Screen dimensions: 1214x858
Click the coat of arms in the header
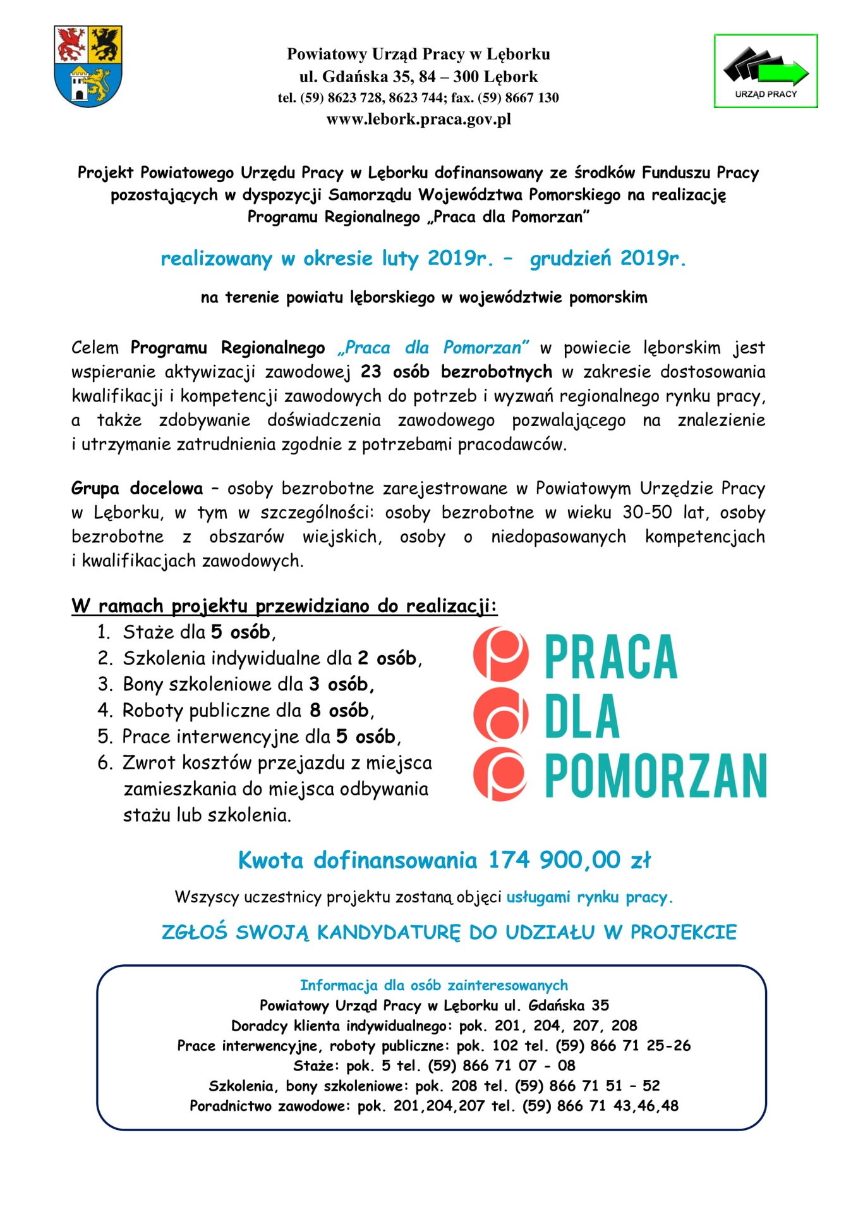coord(88,66)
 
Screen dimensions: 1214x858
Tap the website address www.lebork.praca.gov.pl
coord(418,120)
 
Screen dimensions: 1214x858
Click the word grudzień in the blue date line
coord(571,259)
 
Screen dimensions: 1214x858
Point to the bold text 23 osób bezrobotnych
coord(456,372)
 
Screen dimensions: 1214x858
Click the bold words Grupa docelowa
coord(136,488)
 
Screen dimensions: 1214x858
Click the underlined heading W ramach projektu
coord(284,606)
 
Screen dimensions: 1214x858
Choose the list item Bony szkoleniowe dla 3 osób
coord(248,684)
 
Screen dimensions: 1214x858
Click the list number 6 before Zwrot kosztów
coord(105,763)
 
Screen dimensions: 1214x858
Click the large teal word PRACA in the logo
coord(610,657)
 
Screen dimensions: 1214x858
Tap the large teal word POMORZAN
coord(655,775)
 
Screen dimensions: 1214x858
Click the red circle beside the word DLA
coord(500,715)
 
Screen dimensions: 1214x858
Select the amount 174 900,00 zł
coord(569,860)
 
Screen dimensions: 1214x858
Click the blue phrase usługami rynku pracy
coord(589,897)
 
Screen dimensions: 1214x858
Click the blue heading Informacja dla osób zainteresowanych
coord(433,985)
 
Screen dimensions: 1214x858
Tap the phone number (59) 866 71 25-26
coord(623,1046)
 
